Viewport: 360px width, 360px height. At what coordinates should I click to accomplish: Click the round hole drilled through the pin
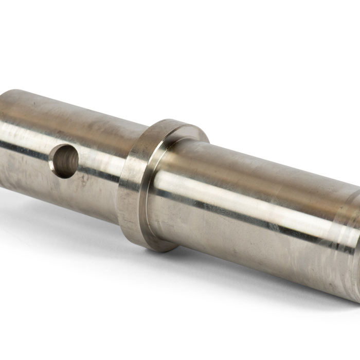[x=65, y=161]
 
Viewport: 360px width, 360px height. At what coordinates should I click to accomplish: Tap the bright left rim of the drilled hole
[x=53, y=160]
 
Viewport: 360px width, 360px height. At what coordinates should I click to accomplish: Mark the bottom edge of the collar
[x=154, y=246]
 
